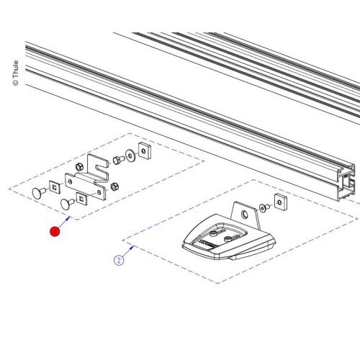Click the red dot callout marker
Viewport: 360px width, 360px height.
click(54, 231)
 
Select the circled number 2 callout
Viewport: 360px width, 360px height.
click(117, 252)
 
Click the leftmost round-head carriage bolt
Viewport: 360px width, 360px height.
click(38, 192)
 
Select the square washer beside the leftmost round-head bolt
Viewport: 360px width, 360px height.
click(55, 189)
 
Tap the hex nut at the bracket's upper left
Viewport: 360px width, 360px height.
click(78, 167)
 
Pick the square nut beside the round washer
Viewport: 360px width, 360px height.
click(144, 150)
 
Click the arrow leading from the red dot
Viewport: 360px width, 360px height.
click(63, 221)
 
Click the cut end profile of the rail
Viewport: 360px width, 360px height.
click(346, 184)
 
